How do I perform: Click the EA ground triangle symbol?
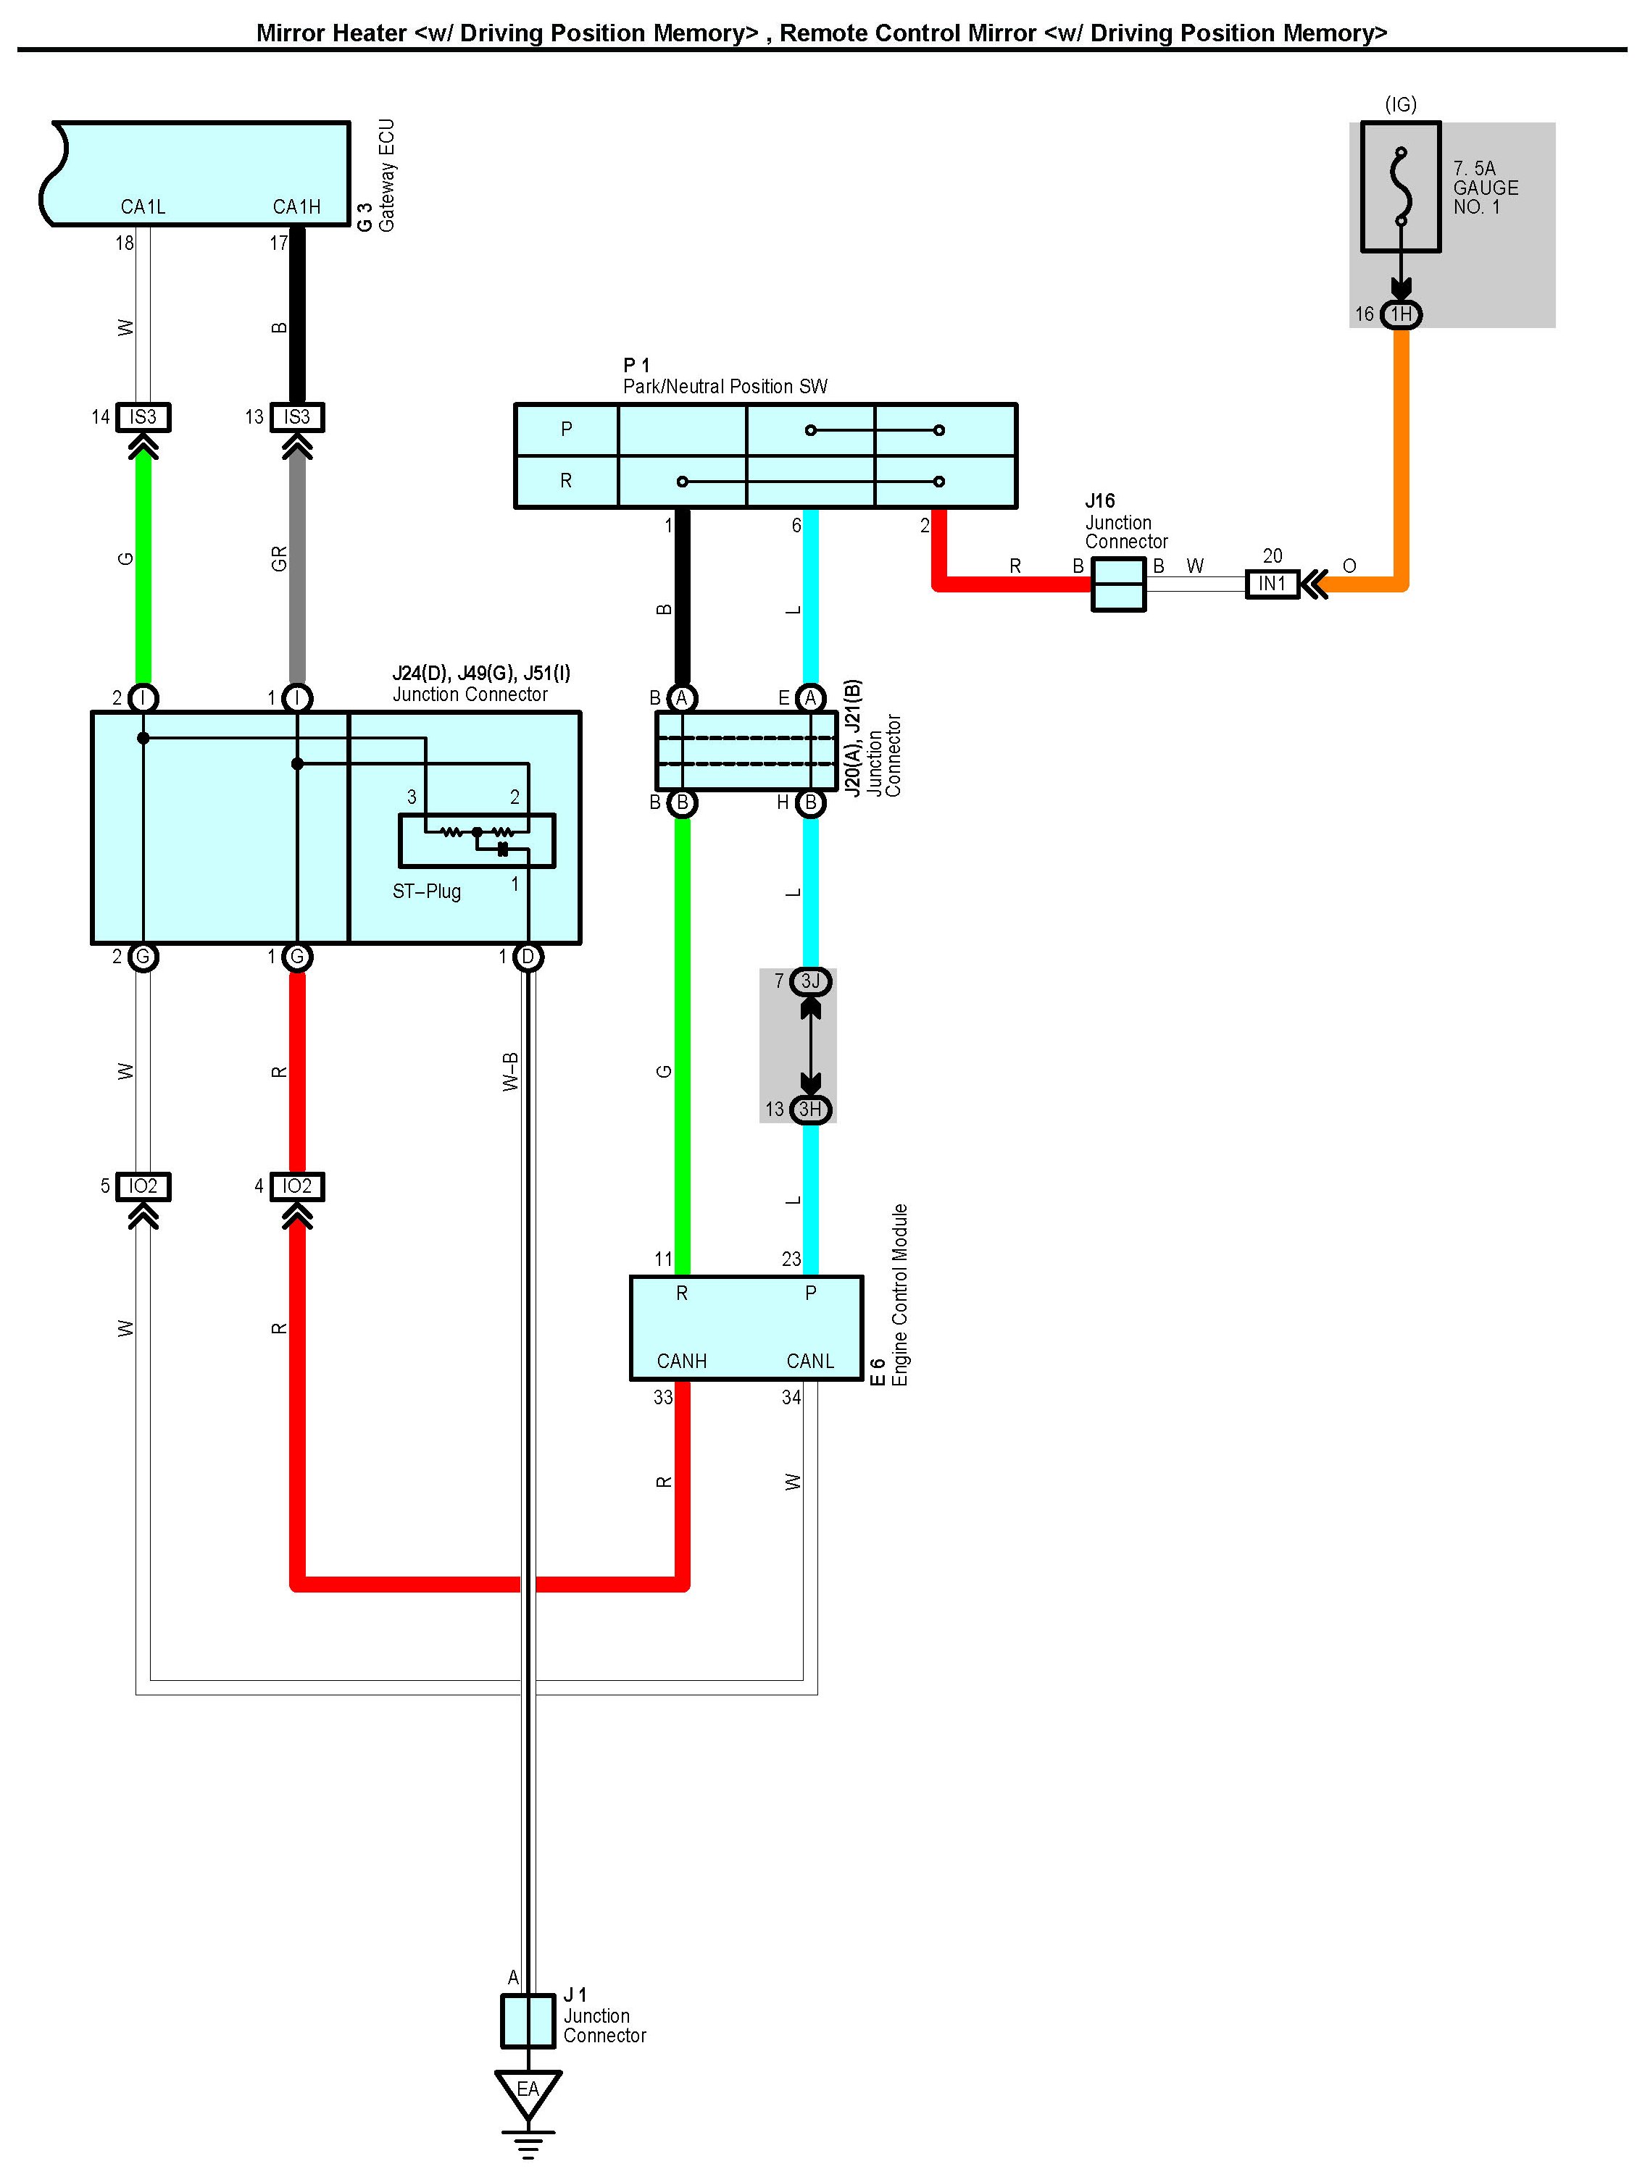tap(528, 2092)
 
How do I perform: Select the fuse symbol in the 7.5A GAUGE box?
tap(1401, 186)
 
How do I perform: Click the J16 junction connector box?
tap(1118, 584)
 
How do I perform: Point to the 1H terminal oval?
tap(1401, 314)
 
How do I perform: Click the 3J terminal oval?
tap(810, 981)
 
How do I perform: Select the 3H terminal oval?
tap(810, 1109)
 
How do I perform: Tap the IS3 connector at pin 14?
tap(143, 416)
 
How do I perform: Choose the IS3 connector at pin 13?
tap(297, 416)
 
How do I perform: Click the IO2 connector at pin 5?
tap(143, 1186)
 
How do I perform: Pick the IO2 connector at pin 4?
tap(297, 1186)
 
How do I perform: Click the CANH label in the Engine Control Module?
tap(682, 1361)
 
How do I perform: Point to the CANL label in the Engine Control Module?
tap(809, 1361)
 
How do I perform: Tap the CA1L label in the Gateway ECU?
tap(143, 207)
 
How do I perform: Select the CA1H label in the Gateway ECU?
tap(296, 207)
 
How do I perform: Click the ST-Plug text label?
tap(427, 891)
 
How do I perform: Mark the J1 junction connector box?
tap(528, 2021)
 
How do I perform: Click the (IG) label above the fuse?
tap(1401, 104)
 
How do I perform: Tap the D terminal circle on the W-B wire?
tap(528, 957)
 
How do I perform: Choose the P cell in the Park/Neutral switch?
tap(566, 429)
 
